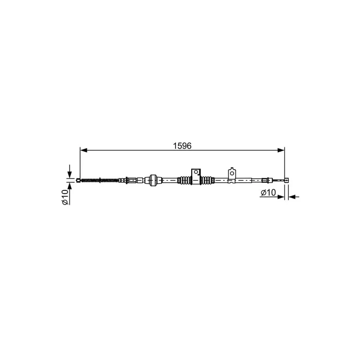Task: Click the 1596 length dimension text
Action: (x=182, y=146)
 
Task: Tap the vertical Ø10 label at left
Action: (x=65, y=197)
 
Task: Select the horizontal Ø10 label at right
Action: (x=268, y=193)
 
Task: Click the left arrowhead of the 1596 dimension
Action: (x=84, y=150)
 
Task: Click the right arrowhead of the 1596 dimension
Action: (x=281, y=150)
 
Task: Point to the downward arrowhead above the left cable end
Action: (x=70, y=175)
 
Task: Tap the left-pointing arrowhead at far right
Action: (x=292, y=197)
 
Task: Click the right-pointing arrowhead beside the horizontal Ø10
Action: (x=281, y=197)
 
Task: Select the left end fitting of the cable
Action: (x=78, y=180)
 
